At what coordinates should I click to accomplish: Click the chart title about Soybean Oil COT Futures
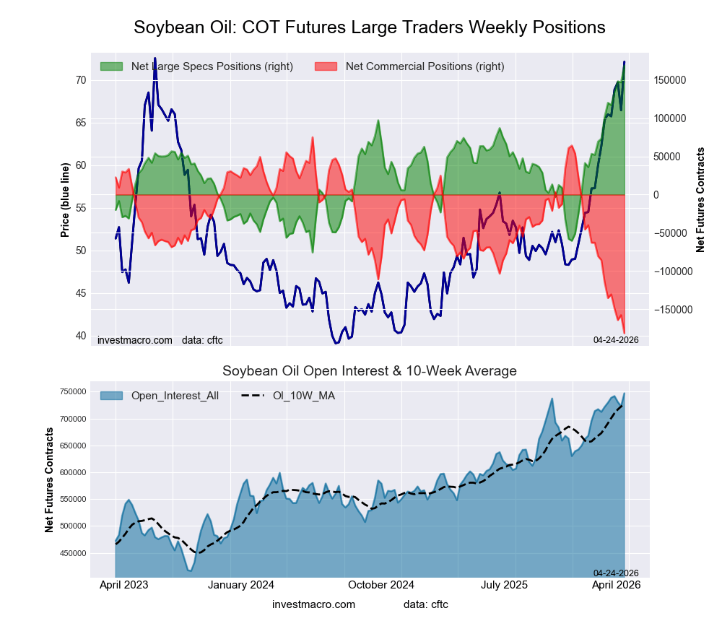pyautogui.click(x=369, y=27)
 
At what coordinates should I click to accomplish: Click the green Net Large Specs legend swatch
pyautogui.click(x=111, y=66)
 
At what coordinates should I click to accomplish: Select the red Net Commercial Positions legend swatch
pyautogui.click(x=326, y=66)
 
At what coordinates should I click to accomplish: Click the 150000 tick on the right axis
pyautogui.click(x=671, y=80)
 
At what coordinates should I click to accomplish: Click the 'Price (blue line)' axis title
pyautogui.click(x=65, y=200)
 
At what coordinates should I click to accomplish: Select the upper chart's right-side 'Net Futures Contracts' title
pyautogui.click(x=700, y=200)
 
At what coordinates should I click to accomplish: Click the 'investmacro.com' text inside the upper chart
pyautogui.click(x=134, y=339)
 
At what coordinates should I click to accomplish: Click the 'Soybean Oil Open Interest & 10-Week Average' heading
pyautogui.click(x=369, y=371)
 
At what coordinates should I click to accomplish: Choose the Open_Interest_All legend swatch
pyautogui.click(x=111, y=396)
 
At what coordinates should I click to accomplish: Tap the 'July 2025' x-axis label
pyautogui.click(x=505, y=585)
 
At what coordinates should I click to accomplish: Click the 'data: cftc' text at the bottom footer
pyautogui.click(x=426, y=604)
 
